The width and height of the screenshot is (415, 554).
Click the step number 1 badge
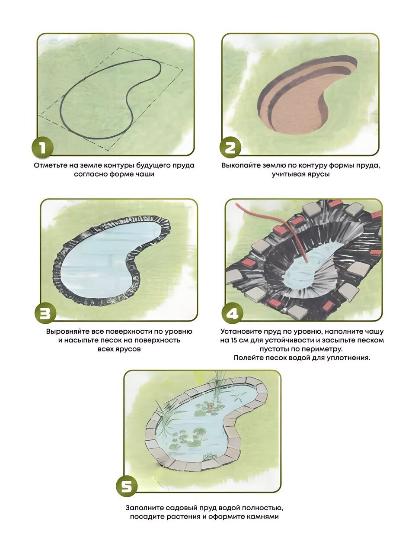point(42,148)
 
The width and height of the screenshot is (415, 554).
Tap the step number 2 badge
point(230,148)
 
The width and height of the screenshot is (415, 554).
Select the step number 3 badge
point(45,313)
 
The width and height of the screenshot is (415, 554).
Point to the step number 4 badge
point(232,313)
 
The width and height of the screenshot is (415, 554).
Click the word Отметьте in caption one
point(50,166)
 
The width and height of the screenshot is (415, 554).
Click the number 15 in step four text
point(233,340)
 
